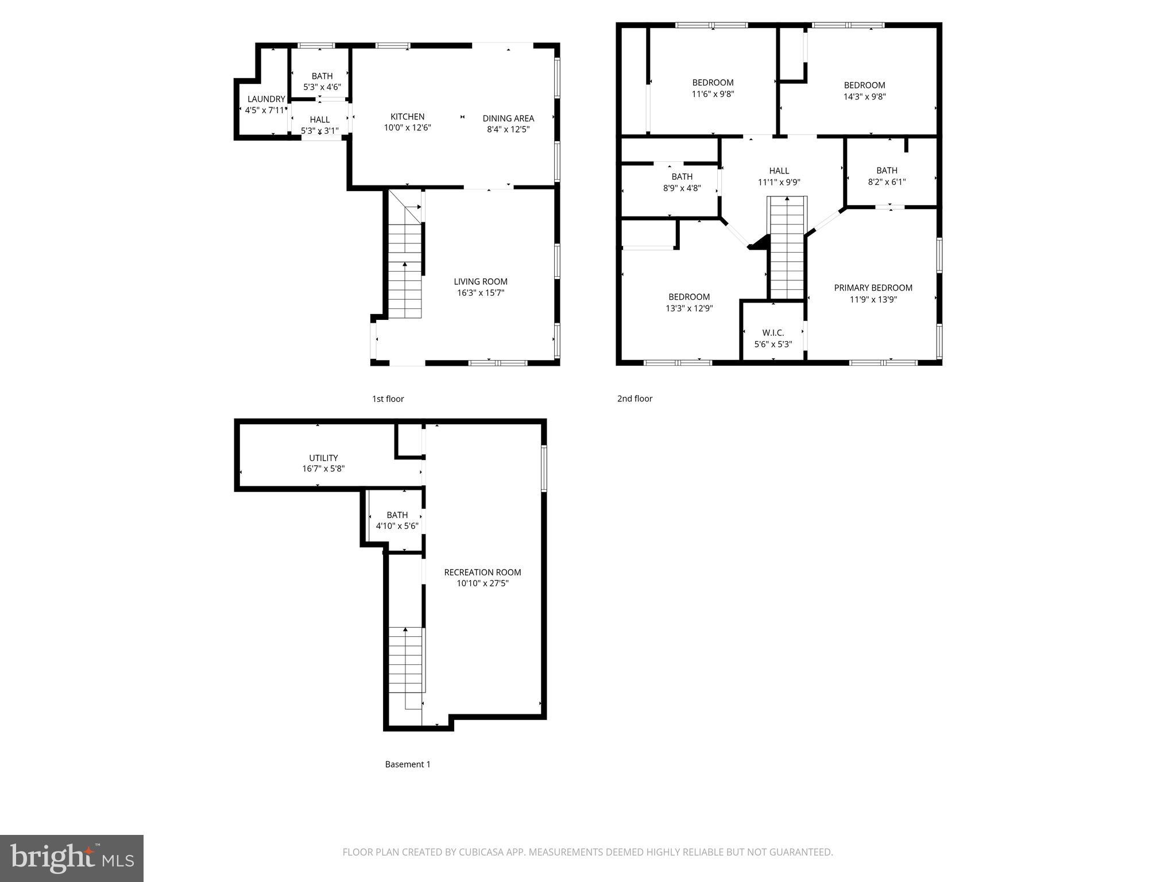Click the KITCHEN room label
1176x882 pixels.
click(407, 117)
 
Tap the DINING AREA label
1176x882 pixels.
click(508, 118)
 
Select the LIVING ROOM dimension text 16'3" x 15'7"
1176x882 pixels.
click(481, 293)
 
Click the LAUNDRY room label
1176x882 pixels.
click(266, 99)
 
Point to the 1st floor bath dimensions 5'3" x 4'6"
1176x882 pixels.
click(322, 87)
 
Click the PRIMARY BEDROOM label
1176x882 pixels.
click(873, 288)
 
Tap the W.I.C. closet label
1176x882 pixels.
click(773, 332)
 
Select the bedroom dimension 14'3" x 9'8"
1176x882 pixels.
click(864, 96)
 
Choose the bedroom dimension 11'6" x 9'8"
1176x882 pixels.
click(713, 94)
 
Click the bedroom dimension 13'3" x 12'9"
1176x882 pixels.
click(688, 308)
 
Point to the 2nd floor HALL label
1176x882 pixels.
click(779, 171)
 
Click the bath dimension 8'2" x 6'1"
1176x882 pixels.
click(887, 181)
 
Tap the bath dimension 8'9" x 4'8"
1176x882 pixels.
click(682, 188)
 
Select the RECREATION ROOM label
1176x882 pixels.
click(482, 572)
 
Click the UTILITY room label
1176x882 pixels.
click(323, 458)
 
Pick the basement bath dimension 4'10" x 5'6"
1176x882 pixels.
click(397, 526)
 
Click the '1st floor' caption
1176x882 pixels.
click(388, 399)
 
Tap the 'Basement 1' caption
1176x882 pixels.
click(407, 764)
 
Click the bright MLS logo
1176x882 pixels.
click(71, 858)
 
